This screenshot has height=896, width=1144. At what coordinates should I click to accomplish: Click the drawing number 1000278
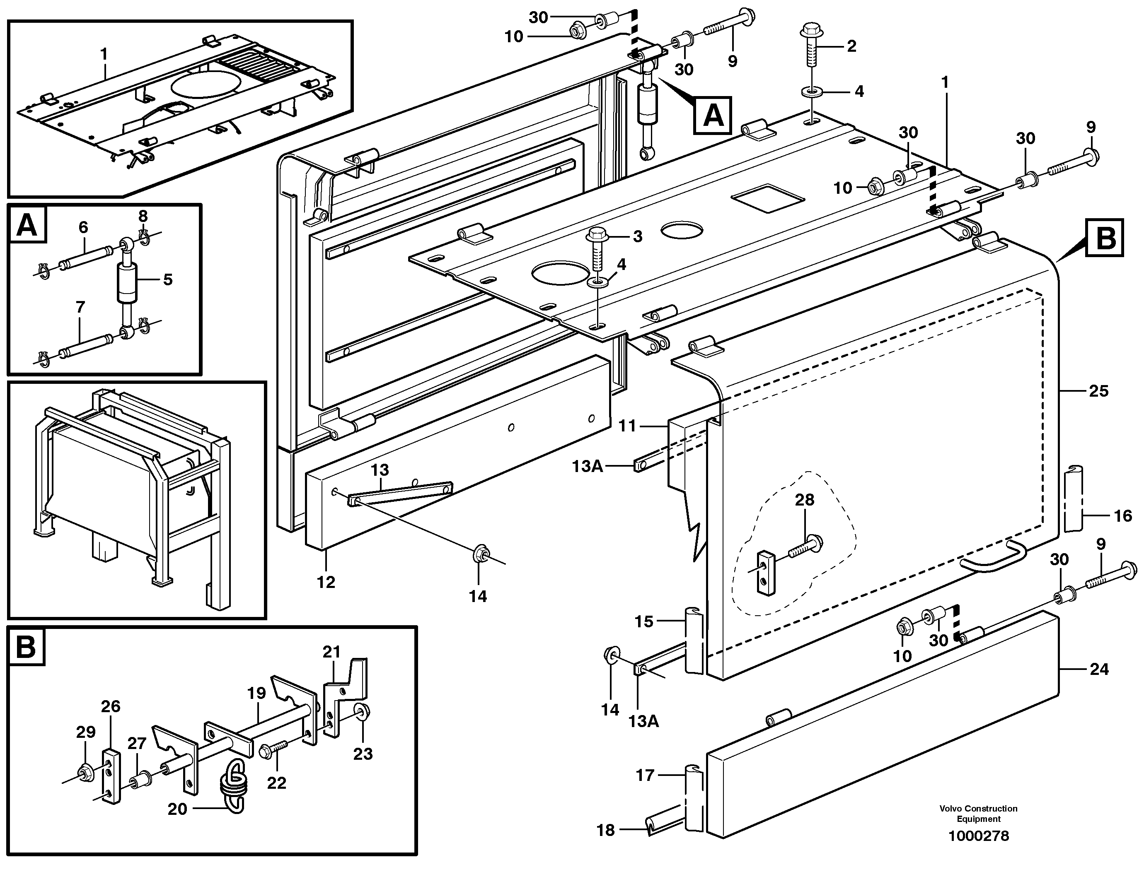(x=978, y=836)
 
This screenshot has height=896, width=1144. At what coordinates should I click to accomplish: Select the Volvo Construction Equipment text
(x=978, y=814)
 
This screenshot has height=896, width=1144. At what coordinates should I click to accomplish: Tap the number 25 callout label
(x=1098, y=391)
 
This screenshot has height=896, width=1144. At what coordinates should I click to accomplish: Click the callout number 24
(x=1099, y=670)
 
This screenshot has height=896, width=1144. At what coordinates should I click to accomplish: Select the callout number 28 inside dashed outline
(x=804, y=500)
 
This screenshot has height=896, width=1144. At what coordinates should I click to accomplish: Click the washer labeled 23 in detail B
(x=362, y=712)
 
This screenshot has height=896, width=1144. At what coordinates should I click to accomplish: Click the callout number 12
(x=326, y=582)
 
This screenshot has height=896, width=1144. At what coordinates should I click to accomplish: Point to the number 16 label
(x=1122, y=516)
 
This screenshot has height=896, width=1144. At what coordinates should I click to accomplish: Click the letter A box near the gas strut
(x=712, y=116)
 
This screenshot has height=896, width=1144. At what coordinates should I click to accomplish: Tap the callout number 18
(x=605, y=831)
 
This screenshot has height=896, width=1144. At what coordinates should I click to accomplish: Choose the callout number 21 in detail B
(x=331, y=652)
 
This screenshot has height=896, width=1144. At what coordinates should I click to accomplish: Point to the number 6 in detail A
(x=83, y=228)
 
